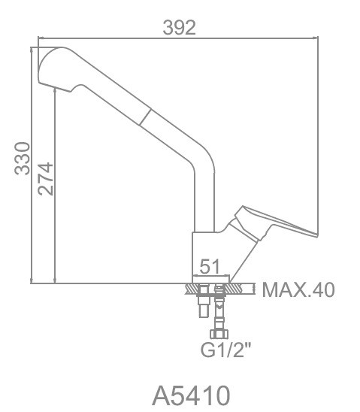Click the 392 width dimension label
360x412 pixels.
(x=180, y=27)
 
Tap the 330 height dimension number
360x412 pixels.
(x=23, y=159)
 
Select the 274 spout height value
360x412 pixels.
(x=45, y=179)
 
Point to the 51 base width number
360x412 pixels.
(x=209, y=266)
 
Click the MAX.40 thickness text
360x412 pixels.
(x=298, y=290)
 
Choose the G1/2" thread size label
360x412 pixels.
(x=225, y=350)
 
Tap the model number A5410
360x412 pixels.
(x=191, y=395)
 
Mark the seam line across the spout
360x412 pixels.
(x=145, y=117)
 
